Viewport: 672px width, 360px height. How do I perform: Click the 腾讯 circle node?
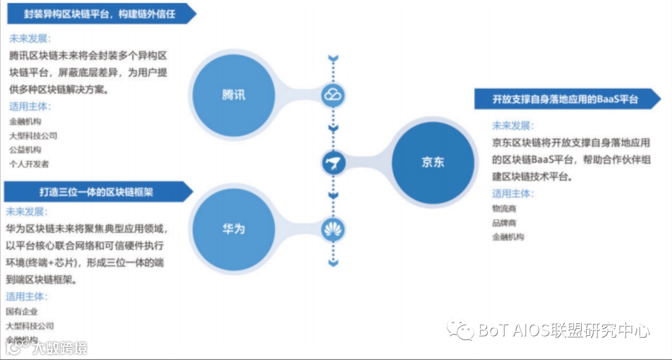(233, 95)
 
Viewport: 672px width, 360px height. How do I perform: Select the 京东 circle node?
(433, 162)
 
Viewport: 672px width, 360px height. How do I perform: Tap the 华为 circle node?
(233, 229)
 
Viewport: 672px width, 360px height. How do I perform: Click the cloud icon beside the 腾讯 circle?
(334, 95)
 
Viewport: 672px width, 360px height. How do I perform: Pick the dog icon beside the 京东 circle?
(334, 163)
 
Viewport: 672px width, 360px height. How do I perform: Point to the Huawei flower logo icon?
(334, 230)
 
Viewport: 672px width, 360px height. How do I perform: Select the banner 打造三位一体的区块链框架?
(96, 192)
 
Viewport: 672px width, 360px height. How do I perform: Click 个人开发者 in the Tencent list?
(29, 164)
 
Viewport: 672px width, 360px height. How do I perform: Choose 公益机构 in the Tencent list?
(25, 150)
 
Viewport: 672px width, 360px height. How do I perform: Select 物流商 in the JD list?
(504, 208)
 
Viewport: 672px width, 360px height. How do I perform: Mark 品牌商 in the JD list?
(504, 223)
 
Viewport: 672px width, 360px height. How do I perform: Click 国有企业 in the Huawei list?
(22, 312)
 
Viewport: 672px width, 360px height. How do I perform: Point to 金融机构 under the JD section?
(508, 237)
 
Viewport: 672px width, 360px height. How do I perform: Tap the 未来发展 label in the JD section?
(513, 126)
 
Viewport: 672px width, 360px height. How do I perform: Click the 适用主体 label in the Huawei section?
(27, 297)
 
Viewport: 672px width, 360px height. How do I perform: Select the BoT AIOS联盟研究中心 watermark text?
(564, 331)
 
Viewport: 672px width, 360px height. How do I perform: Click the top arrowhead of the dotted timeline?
(334, 59)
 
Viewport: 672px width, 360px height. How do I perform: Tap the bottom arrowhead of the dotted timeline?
(334, 263)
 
